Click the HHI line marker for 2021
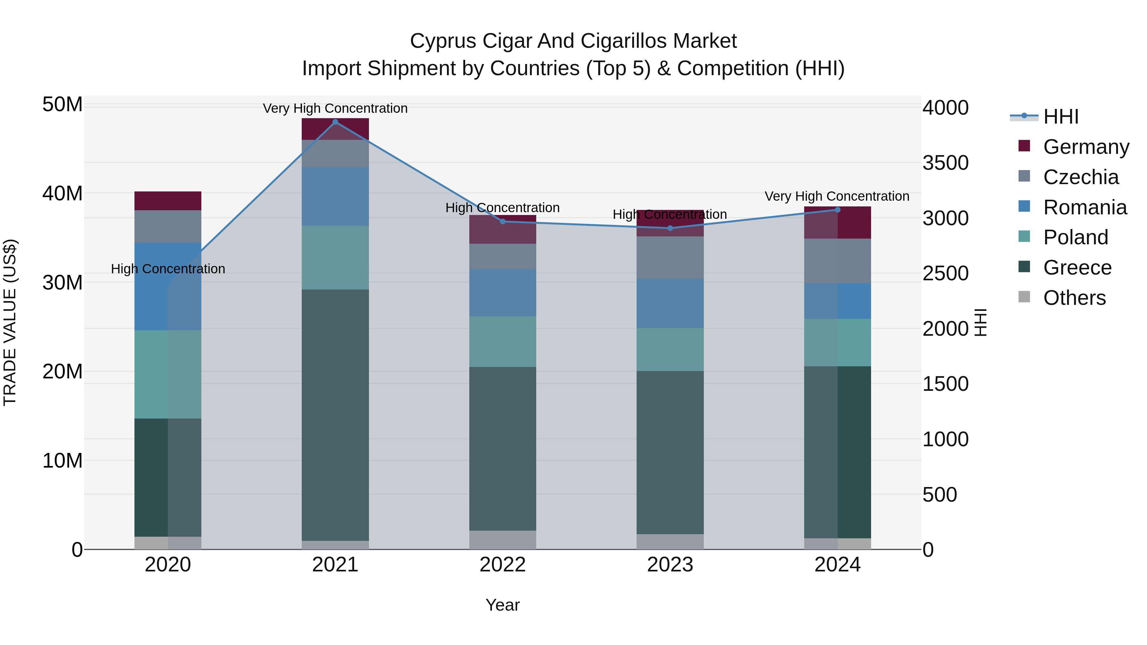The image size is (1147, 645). [x=335, y=122]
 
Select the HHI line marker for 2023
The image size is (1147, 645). [x=670, y=228]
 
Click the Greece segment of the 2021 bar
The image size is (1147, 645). [x=335, y=414]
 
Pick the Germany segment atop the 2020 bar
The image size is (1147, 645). [x=168, y=201]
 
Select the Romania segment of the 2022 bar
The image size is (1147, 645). [x=503, y=292]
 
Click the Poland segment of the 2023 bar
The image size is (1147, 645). [x=670, y=349]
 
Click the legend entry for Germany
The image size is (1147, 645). [x=1086, y=147]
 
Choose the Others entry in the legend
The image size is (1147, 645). [x=1074, y=297]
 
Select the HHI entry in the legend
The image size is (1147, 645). [x=1061, y=117]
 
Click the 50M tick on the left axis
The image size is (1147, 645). [x=62, y=104]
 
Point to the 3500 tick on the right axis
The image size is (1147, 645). [x=945, y=163]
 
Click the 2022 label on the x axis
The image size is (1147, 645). [x=503, y=565]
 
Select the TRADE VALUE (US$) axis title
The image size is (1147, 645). [x=10, y=322]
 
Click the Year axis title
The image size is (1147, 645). [x=503, y=605]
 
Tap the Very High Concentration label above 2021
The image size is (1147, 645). [x=335, y=108]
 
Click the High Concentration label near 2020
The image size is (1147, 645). [x=168, y=269]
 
